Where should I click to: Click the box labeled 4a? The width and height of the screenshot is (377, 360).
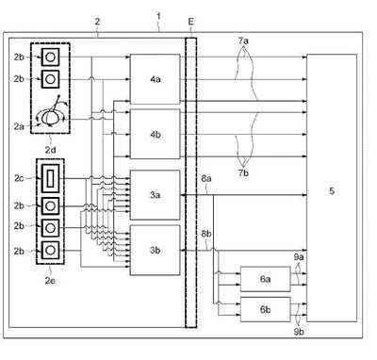pyautogui.click(x=156, y=79)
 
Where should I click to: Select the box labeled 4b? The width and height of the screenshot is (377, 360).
pyautogui.click(x=156, y=134)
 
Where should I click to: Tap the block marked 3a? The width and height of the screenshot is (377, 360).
pyautogui.click(x=156, y=195)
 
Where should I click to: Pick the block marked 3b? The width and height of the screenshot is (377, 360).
pyautogui.click(x=156, y=251)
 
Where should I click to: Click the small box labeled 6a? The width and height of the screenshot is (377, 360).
pyautogui.click(x=266, y=279)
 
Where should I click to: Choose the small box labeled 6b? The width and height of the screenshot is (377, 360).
pyautogui.click(x=266, y=309)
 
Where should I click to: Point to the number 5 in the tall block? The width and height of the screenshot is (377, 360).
pyautogui.click(x=332, y=190)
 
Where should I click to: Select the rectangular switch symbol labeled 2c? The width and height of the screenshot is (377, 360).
pyautogui.click(x=50, y=178)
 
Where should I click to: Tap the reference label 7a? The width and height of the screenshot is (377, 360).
pyautogui.click(x=243, y=41)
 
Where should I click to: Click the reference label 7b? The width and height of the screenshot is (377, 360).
pyautogui.click(x=243, y=172)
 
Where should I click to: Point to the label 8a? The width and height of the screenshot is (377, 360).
pyautogui.click(x=206, y=178)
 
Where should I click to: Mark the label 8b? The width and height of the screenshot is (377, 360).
pyautogui.click(x=206, y=234)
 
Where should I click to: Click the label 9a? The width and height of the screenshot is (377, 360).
pyautogui.click(x=299, y=257)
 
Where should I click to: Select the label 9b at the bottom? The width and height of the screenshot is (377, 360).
pyautogui.click(x=299, y=331)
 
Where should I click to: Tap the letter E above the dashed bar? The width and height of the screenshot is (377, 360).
pyautogui.click(x=191, y=22)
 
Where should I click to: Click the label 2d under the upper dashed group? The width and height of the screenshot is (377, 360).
pyautogui.click(x=50, y=150)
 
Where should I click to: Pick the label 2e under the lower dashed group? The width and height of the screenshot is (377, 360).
pyautogui.click(x=50, y=281)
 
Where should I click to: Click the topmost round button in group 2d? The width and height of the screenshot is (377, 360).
pyautogui.click(x=50, y=57)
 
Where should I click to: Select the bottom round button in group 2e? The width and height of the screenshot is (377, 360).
pyautogui.click(x=50, y=250)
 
